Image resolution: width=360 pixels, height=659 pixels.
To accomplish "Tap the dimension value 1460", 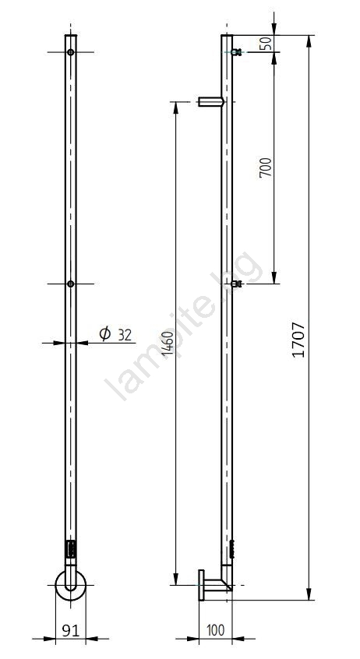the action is tap(168, 344).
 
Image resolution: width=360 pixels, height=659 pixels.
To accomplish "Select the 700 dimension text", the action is tap(266, 167).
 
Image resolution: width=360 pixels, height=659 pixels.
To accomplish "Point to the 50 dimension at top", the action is tap(266, 44).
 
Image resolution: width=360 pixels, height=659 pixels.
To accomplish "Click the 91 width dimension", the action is tap(71, 630).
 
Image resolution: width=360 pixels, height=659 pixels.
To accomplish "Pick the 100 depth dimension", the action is tap(215, 630).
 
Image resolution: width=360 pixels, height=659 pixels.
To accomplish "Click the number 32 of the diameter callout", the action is tap(125, 335).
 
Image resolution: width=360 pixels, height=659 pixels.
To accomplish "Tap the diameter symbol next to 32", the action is tap(104, 333).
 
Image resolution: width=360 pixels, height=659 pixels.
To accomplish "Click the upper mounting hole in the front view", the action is tap(71, 52).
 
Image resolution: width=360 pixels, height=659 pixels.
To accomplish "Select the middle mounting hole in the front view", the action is tap(71, 284).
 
